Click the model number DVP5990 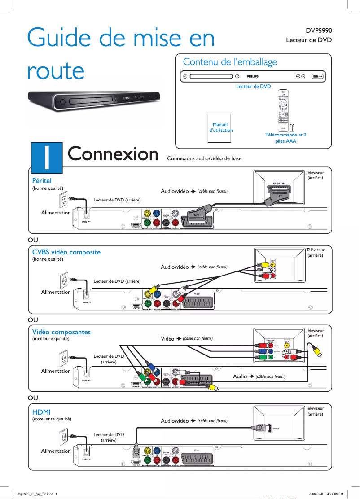tap(319, 31)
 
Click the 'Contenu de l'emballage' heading tap(230, 62)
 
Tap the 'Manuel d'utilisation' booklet tap(220, 127)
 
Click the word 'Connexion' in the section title tap(113, 154)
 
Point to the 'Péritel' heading tap(42, 180)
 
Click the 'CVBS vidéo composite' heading tap(66, 252)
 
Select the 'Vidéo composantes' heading tap(61, 332)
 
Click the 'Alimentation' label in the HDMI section tap(56, 451)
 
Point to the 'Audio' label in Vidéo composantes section tap(240, 376)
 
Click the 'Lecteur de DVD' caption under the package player tap(253, 86)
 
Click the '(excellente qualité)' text tap(52, 419)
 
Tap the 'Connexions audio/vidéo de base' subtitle tap(204, 158)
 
